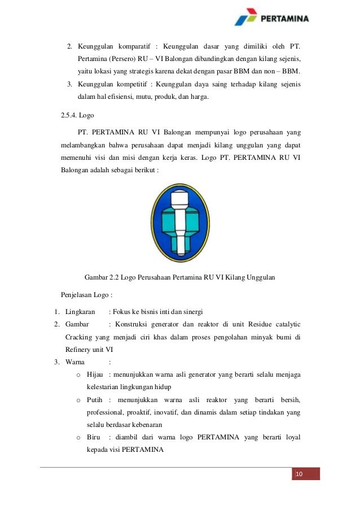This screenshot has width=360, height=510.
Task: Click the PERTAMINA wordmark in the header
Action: [x=285, y=19]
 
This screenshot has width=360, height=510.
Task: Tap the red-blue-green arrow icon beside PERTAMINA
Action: [x=247, y=18]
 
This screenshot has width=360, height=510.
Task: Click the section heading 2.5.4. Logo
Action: [x=77, y=116]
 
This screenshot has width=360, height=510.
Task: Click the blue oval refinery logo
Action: [x=180, y=223]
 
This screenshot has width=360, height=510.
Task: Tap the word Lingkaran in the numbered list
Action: [x=80, y=312]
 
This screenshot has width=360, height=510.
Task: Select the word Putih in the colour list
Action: [x=94, y=400]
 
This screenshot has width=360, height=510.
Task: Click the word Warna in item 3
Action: [x=76, y=361]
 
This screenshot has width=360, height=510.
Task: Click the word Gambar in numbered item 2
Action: [x=77, y=324]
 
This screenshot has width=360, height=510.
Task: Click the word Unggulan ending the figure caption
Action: [x=260, y=277]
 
